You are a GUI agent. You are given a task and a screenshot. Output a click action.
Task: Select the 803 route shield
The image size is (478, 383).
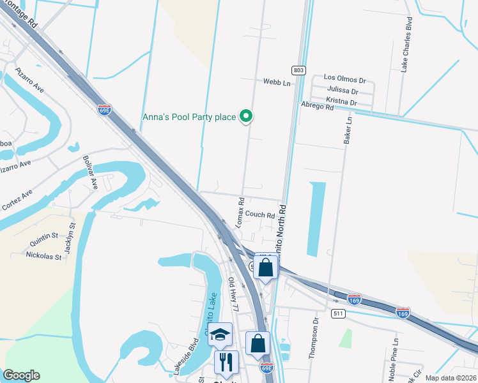tap(298, 70)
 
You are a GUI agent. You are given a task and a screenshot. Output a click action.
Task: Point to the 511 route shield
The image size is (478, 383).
tap(339, 313)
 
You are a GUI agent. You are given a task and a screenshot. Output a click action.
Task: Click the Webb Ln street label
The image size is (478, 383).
tap(277, 82)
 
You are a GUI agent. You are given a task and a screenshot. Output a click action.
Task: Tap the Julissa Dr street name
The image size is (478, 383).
tap(344, 91)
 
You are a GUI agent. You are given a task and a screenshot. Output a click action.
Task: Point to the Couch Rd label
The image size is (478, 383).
tap(259, 215)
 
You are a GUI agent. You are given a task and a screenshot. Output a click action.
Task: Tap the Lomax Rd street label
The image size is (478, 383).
tap(241, 213)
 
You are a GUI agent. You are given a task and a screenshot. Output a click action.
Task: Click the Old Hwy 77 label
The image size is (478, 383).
tap(234, 294)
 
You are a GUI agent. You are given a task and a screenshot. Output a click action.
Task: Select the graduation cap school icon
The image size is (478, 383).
tap(220, 334)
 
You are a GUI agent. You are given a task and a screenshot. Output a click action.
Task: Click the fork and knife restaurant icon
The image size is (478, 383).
tap(226, 363)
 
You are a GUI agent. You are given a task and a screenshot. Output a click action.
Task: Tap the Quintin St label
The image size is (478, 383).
tap(43, 242)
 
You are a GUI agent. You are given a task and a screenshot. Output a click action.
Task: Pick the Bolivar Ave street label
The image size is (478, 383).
tap(90, 172)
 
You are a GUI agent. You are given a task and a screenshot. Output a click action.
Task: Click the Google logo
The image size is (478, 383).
tap(21, 375)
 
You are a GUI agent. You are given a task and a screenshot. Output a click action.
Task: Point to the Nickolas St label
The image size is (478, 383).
tap(43, 257)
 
